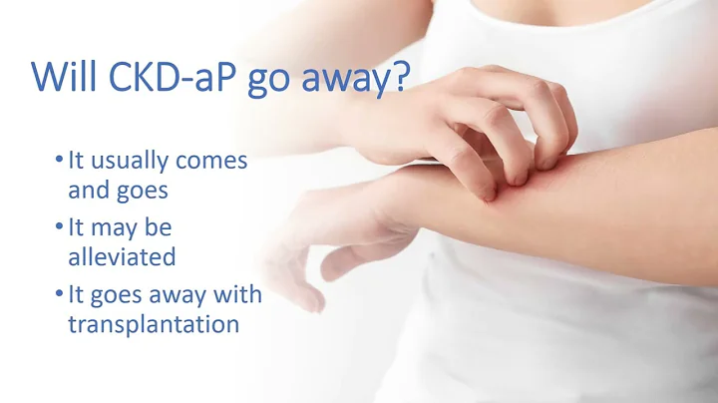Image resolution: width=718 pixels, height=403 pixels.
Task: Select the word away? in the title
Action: click(365, 79)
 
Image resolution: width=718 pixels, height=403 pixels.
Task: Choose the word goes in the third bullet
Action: click(125, 295)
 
